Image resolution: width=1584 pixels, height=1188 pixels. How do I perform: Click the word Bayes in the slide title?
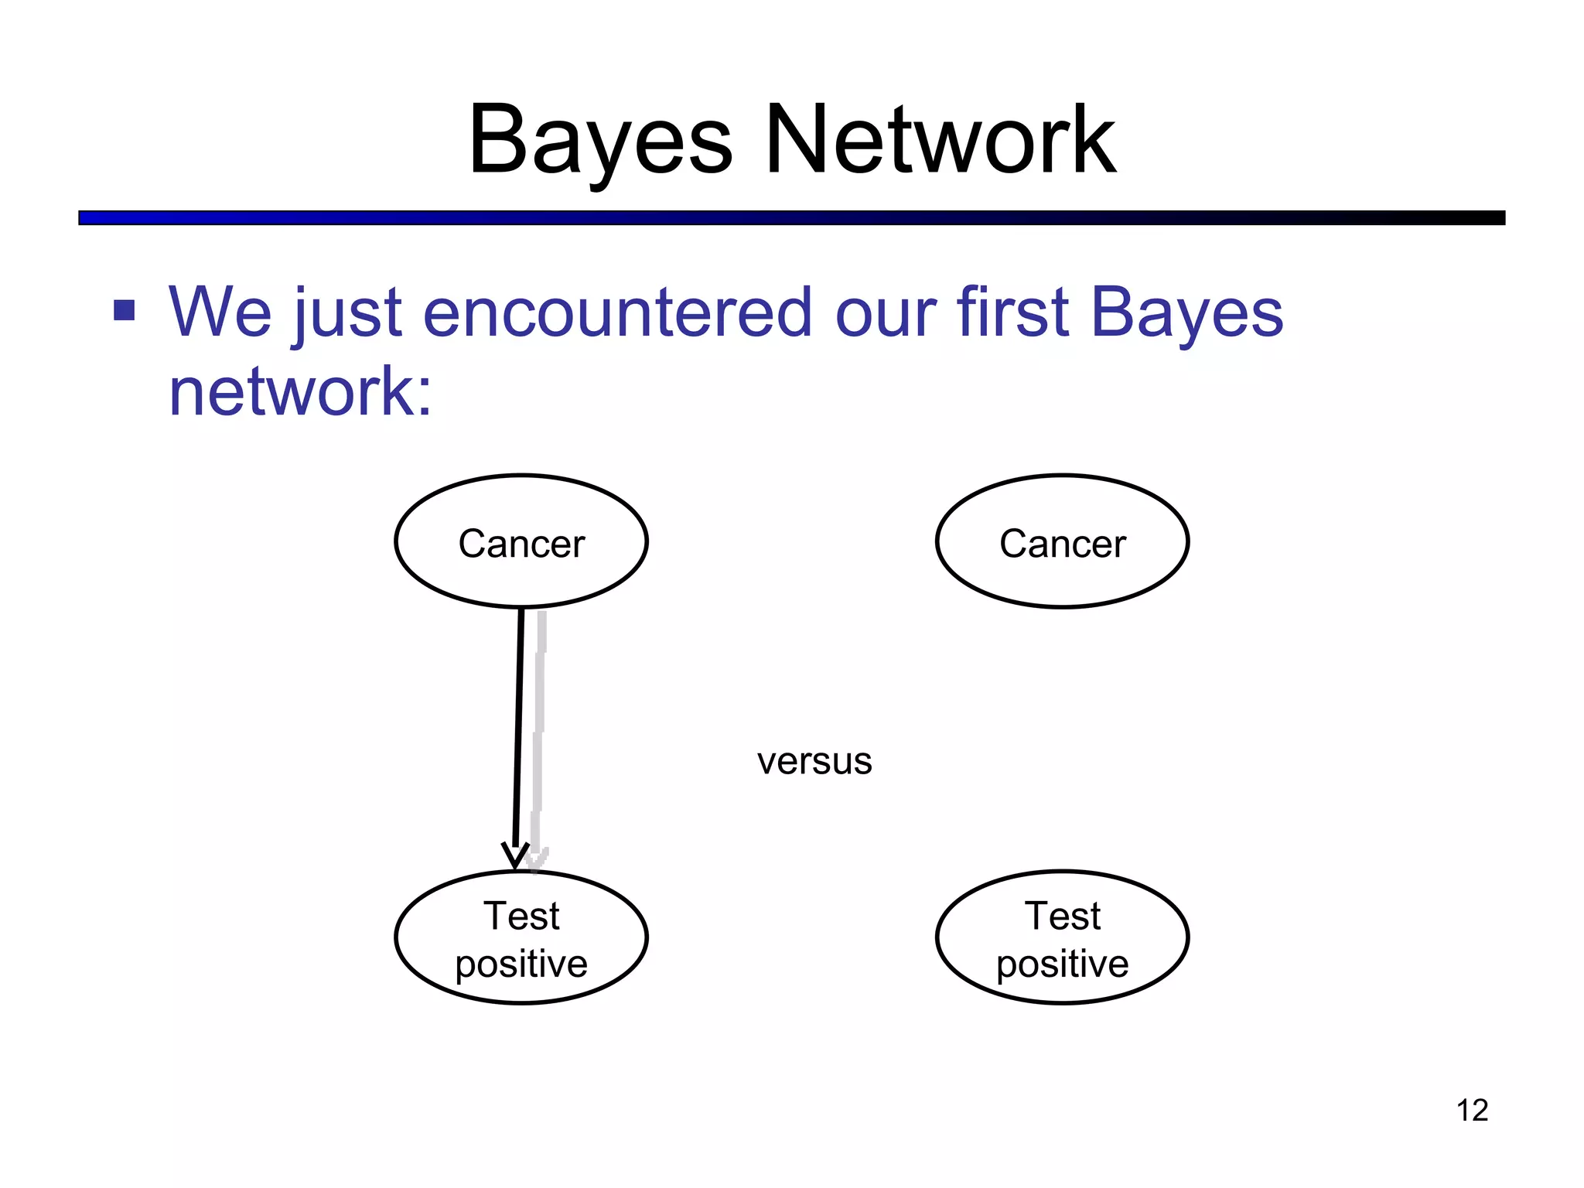point(600,141)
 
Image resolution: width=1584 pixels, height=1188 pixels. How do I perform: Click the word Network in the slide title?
point(940,141)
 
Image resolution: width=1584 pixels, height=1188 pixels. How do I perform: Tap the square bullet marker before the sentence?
point(124,310)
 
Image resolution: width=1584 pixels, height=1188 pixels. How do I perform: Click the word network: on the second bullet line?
point(300,391)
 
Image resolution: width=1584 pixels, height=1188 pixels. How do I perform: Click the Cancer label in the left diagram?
point(521,543)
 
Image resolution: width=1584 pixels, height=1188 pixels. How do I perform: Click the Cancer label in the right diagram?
point(1062,543)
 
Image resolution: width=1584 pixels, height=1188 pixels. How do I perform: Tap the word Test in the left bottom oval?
point(521,916)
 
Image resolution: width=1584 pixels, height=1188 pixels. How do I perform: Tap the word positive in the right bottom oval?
point(1062,964)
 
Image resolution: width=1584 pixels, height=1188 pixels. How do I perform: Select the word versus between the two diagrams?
point(814,761)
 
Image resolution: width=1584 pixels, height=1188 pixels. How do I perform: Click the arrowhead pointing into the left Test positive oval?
point(515,856)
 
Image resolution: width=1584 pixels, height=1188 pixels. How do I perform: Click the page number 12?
point(1471,1110)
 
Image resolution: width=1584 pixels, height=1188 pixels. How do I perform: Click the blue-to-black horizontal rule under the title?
point(791,218)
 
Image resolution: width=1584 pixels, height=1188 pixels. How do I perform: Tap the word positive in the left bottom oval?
point(521,964)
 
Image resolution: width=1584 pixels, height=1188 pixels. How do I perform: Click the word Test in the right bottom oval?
point(1062,916)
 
